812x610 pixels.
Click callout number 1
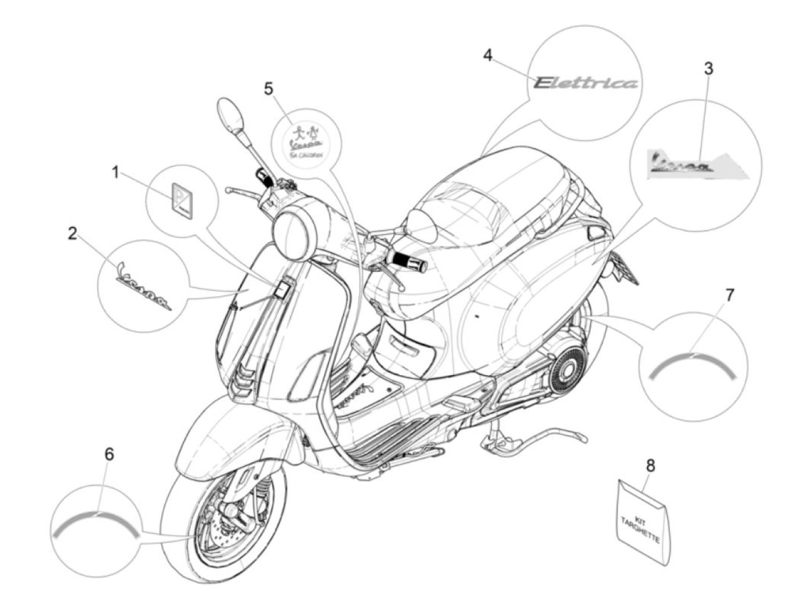coord(115,172)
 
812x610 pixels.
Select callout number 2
coord(72,233)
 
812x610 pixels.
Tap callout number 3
coord(708,68)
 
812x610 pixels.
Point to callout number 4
coord(488,55)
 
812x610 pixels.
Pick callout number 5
coord(268,89)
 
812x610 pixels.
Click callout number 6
coord(109,454)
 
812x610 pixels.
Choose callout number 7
coord(729,295)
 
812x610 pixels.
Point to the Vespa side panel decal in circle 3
coord(696,164)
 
